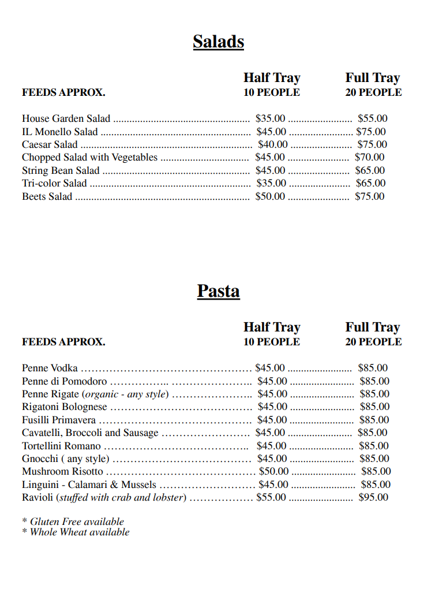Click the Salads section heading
tap(218, 42)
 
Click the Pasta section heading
tap(218, 291)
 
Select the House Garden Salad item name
tap(66, 119)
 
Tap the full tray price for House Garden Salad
tap(372, 119)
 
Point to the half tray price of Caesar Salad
tap(272, 144)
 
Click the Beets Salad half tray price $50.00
tap(270, 196)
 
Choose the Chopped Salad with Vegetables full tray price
tap(369, 157)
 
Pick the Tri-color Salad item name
tap(54, 184)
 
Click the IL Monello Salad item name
tap(60, 132)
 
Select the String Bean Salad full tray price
tap(370, 170)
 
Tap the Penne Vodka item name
tap(50, 368)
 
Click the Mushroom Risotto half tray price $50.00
tap(273, 472)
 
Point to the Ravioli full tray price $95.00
tap(373, 497)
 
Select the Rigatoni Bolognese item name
tap(65, 407)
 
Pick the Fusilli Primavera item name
tap(59, 420)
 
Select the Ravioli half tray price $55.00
tap(271, 497)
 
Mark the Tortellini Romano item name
tap(61, 446)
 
